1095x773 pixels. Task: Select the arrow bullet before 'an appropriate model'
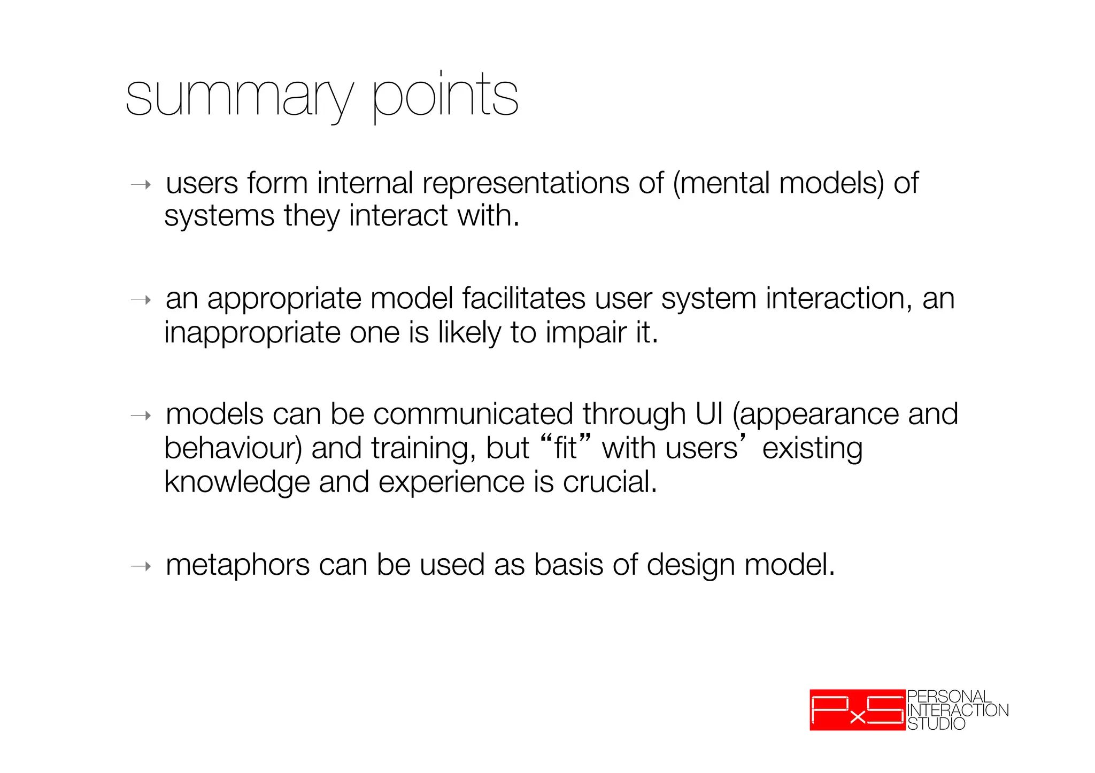point(141,301)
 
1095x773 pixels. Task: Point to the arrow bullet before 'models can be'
point(141,416)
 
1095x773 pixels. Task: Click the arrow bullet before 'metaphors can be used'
point(141,566)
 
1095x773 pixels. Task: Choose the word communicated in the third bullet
point(473,415)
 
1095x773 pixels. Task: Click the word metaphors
point(237,566)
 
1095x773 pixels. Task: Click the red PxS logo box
point(857,710)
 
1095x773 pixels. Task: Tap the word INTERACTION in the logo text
point(958,710)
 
